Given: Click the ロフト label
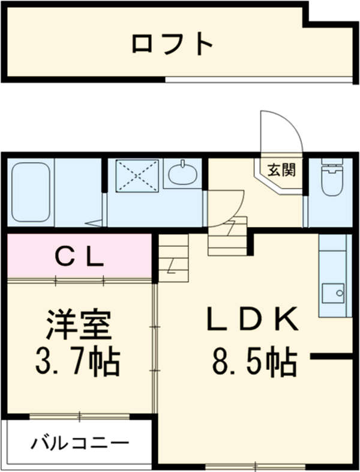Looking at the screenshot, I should [173, 43].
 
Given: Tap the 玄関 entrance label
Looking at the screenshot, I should [281, 170].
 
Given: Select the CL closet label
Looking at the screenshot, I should [80, 258].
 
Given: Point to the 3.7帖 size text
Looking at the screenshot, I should [77, 362].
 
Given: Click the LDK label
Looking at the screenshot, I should [253, 320].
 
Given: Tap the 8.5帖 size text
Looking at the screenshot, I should [253, 362].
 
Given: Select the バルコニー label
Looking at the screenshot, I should [80, 444].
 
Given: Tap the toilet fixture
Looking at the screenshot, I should [331, 179].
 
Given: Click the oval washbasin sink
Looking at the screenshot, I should [182, 175].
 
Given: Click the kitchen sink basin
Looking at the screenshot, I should [332, 293].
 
